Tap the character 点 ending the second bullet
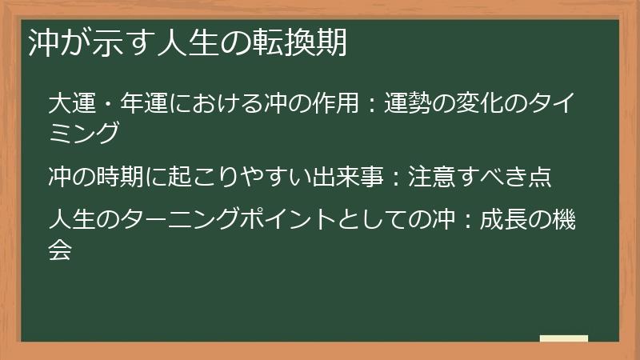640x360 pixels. pyautogui.click(x=540, y=176)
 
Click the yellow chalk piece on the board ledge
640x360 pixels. pyautogui.click(x=563, y=338)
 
